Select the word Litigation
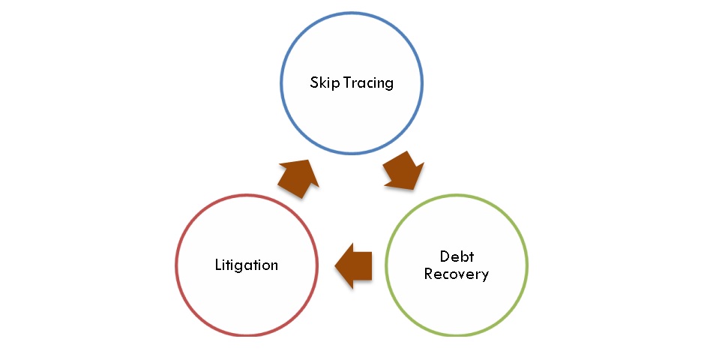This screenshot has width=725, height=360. pyautogui.click(x=247, y=265)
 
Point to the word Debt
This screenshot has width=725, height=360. pyautogui.click(x=457, y=257)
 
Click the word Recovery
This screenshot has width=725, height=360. pyautogui.click(x=457, y=274)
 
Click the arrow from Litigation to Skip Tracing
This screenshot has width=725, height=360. pyautogui.click(x=298, y=178)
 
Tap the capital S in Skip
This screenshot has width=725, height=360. pyautogui.click(x=314, y=82)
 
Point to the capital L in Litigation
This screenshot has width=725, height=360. pyautogui.click(x=218, y=265)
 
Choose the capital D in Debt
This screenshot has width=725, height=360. pyautogui.click(x=445, y=257)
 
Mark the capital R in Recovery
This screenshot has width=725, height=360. pyautogui.click(x=428, y=274)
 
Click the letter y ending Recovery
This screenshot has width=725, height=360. pyautogui.click(x=484, y=276)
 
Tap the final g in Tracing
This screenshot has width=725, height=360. pyautogui.click(x=389, y=85)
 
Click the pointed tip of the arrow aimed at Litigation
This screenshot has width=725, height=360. pyautogui.click(x=335, y=264)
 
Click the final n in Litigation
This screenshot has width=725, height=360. pyautogui.click(x=274, y=266)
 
